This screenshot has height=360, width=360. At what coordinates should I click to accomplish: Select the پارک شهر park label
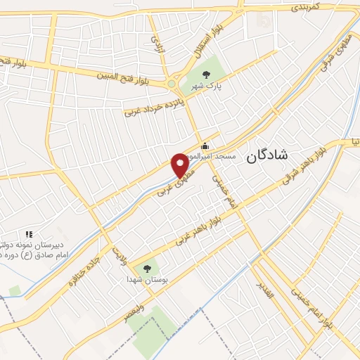coord(206,87)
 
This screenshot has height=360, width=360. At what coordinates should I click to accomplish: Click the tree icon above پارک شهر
coord(206,75)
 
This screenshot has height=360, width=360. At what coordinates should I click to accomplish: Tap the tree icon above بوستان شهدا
coord(147,267)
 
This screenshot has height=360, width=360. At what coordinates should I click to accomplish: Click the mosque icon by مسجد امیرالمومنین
coord(205,146)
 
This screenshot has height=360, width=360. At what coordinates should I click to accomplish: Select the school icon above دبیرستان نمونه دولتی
coord(29,233)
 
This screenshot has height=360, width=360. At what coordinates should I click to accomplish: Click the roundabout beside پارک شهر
coord(172,84)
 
